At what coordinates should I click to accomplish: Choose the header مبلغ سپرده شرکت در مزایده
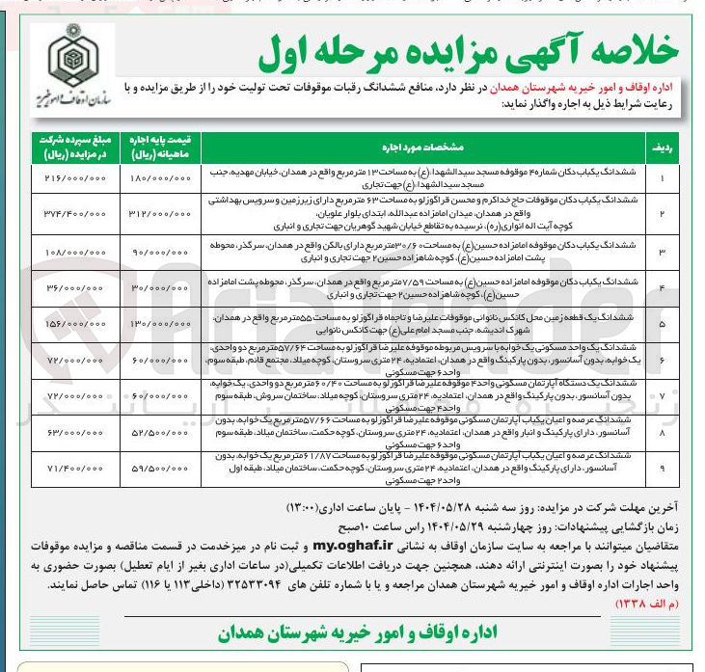click(71, 147)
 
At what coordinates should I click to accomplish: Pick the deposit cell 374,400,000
click(71, 212)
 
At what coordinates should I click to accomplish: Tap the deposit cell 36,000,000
click(71, 287)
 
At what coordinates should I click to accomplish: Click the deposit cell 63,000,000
click(71, 433)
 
